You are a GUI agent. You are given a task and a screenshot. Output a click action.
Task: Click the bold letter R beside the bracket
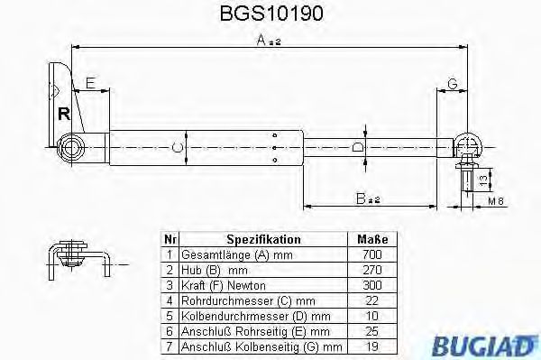[63, 114]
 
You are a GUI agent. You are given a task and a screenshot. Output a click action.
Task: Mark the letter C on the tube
[179, 146]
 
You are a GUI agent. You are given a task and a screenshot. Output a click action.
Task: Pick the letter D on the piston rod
[358, 146]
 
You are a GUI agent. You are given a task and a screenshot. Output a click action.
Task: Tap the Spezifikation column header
[263, 240]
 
